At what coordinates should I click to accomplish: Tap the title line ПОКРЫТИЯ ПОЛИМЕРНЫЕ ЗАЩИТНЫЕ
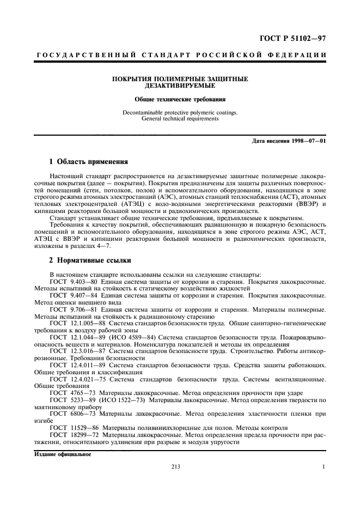[180, 79]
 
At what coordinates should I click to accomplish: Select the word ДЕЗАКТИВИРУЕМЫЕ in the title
[180, 86]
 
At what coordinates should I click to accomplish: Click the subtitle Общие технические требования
[180, 99]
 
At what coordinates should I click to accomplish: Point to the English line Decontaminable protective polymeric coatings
[180, 113]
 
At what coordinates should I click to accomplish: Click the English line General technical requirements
[180, 119]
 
